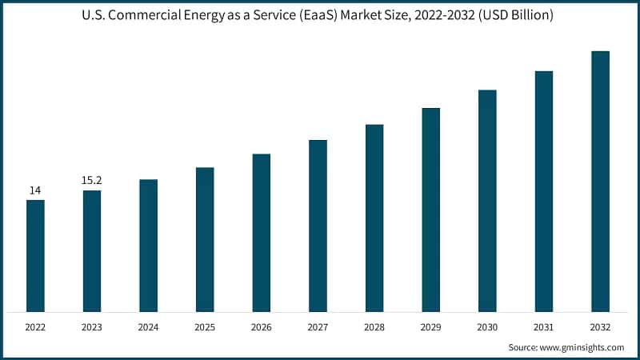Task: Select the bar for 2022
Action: (x=35, y=256)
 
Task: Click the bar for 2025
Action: (x=205, y=239)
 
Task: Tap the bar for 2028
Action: (x=374, y=218)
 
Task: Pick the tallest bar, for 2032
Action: (x=600, y=181)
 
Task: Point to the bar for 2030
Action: (x=487, y=200)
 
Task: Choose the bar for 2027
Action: (x=318, y=226)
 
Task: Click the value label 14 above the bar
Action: (x=35, y=190)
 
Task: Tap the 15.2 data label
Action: (x=92, y=181)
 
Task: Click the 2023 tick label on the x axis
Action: (x=92, y=327)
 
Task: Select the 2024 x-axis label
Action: (x=148, y=327)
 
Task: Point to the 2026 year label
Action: (x=262, y=327)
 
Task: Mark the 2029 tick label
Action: (x=430, y=327)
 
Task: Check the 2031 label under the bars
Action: (x=544, y=327)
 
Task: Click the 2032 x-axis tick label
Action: (x=600, y=327)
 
